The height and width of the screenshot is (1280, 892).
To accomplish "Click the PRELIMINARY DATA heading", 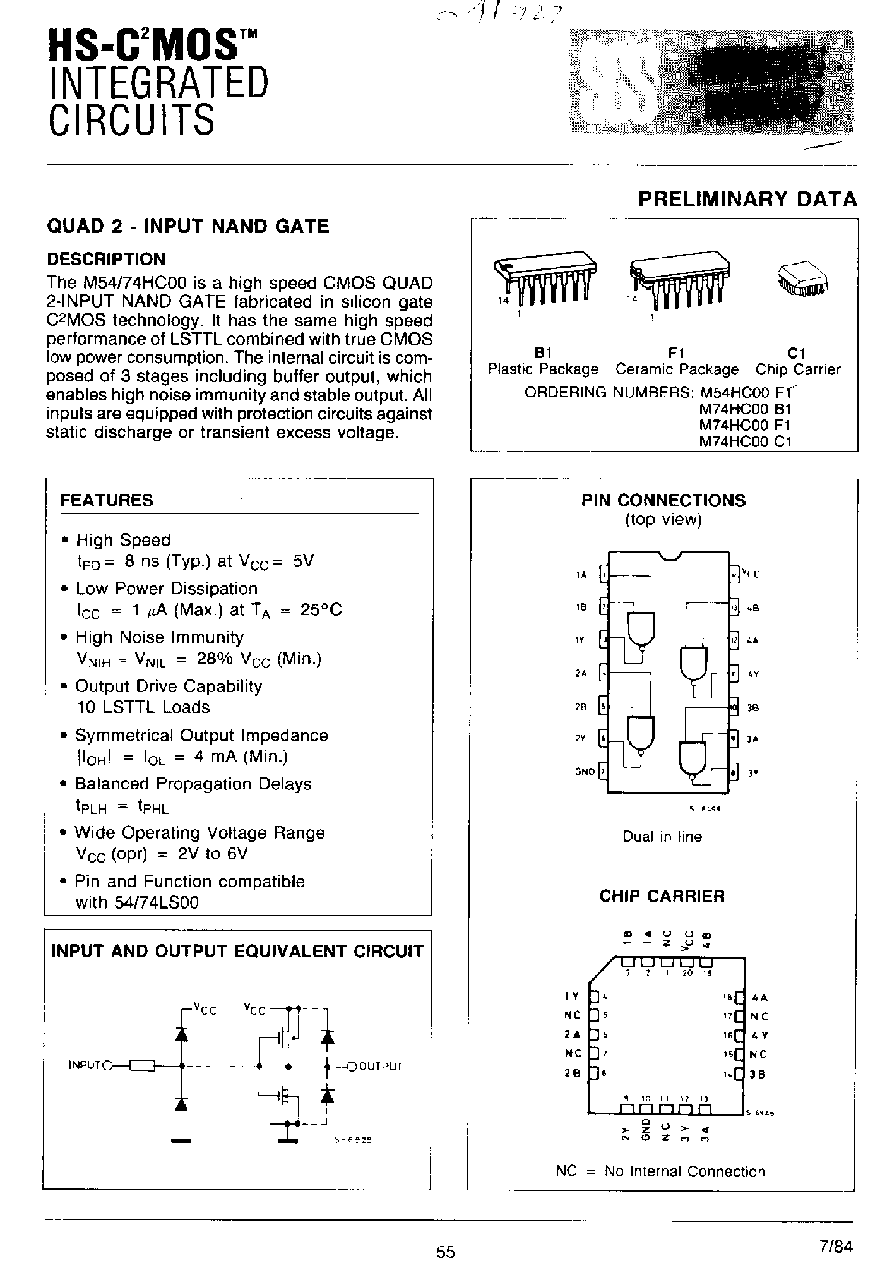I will coord(747,199).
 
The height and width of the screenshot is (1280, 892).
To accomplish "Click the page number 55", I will coord(445,1252).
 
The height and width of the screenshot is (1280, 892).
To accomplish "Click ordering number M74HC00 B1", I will coord(745,409).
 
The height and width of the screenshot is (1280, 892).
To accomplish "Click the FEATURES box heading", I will coord(107,500).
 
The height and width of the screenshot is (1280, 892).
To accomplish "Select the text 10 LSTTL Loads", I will coord(143,707).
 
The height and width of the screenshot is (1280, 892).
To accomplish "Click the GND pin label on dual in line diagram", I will coord(585,771).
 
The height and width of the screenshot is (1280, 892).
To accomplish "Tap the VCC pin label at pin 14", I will coord(751,574).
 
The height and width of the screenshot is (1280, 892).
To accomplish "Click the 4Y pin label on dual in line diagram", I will coord(752,674).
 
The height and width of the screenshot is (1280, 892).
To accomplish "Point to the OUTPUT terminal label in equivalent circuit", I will coord(381,1067).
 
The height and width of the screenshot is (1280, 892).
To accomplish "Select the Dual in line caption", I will coord(662,837).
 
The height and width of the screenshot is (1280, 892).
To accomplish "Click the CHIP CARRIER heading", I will coord(662,896).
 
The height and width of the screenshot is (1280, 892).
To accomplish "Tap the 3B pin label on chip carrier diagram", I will coord(758,1074).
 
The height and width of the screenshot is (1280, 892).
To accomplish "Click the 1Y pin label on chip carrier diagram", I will coord(571,996).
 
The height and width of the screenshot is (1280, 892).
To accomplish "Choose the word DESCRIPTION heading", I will coord(107,259).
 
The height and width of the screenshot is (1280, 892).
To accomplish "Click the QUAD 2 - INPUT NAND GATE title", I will coord(188,226).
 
